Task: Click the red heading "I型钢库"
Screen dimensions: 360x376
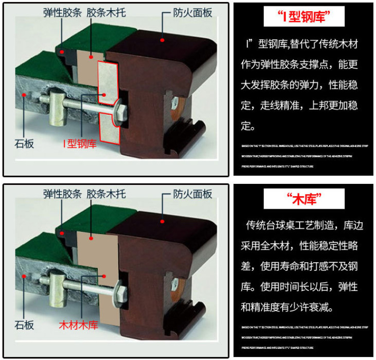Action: pyautogui.click(x=304, y=18)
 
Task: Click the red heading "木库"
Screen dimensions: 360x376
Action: pyautogui.click(x=304, y=199)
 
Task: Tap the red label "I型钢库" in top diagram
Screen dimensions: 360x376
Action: pyautogui.click(x=80, y=144)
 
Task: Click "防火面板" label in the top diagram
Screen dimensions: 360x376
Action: pyautogui.click(x=193, y=13)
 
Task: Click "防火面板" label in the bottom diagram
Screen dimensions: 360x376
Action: pyautogui.click(x=193, y=194)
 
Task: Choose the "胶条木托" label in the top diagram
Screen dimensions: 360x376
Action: pyautogui.click(x=106, y=13)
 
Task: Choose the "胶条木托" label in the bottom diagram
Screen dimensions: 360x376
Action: pyautogui.click(x=106, y=194)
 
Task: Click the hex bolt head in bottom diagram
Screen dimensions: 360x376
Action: pyautogui.click(x=122, y=293)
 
